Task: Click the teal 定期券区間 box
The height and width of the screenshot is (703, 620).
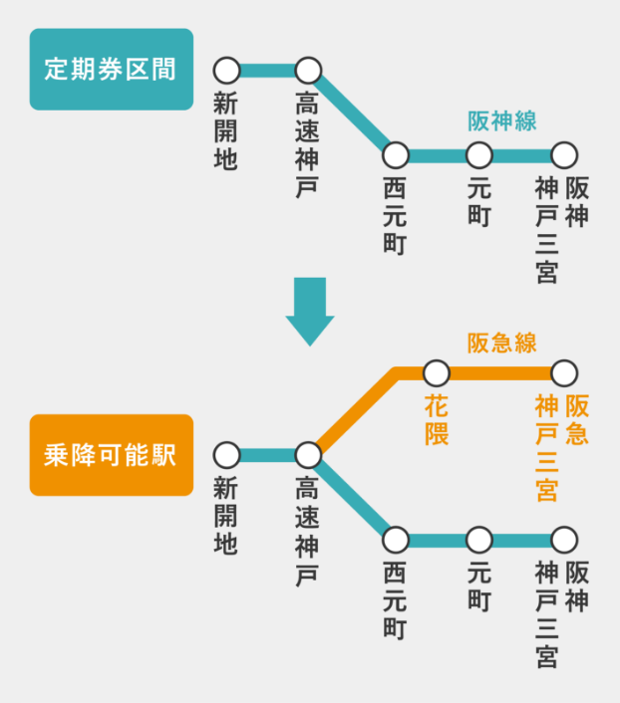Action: point(111,69)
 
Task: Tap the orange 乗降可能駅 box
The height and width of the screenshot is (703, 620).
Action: point(111,455)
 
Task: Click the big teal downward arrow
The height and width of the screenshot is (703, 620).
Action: point(310,310)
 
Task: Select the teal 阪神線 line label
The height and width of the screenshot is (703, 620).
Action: point(502,121)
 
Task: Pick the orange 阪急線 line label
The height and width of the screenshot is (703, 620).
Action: point(502,344)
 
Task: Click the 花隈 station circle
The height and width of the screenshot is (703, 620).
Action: point(437,373)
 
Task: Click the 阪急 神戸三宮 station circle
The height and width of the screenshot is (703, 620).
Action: point(564,373)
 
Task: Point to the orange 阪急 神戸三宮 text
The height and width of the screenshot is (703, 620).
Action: point(561,447)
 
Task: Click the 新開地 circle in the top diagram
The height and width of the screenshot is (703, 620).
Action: point(227,71)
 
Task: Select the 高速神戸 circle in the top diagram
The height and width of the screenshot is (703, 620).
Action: point(308,71)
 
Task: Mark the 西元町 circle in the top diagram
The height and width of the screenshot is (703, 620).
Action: point(396,155)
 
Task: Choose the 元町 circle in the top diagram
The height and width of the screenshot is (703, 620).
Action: point(479,155)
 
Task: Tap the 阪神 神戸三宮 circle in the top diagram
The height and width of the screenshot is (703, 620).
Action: point(564,155)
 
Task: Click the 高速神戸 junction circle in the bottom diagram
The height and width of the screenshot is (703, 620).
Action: point(308,455)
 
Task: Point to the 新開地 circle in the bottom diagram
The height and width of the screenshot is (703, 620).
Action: point(227,455)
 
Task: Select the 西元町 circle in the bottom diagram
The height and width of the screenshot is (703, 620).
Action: point(396,540)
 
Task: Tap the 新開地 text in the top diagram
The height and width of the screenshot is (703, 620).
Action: point(226,130)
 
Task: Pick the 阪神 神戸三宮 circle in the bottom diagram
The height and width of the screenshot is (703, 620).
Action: point(564,540)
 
